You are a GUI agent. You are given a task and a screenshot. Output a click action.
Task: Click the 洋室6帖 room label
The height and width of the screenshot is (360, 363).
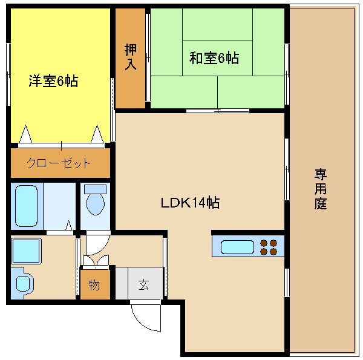53,81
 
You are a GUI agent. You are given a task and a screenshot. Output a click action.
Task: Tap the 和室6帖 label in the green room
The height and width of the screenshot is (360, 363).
214,58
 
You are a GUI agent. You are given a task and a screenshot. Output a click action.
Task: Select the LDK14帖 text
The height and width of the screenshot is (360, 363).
191,203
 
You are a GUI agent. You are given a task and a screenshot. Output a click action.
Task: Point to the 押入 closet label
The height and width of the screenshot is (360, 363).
131,57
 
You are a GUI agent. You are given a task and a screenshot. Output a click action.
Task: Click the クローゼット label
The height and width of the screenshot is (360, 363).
58,163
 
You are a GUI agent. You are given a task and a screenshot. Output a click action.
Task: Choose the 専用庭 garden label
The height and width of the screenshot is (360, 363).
321,189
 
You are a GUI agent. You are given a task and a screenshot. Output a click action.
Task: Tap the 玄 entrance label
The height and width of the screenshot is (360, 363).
144,284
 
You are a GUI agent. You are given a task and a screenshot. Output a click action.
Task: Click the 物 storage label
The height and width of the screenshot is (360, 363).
94,284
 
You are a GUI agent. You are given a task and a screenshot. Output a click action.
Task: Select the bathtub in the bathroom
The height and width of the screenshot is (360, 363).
26,206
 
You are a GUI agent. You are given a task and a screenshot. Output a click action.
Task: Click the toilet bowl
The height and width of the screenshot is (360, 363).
96,204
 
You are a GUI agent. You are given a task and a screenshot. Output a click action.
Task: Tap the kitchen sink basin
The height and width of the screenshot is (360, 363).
237,247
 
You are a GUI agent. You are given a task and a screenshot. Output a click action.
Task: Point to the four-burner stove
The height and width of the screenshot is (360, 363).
269,247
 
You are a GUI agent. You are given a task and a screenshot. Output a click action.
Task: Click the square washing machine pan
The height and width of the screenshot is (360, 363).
26,251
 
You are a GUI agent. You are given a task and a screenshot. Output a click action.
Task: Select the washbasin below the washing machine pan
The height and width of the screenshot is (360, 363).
23,283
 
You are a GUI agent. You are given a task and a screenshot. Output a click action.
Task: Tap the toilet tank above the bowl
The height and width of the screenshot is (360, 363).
96,189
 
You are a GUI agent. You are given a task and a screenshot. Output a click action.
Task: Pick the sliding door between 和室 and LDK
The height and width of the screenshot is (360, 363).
218,111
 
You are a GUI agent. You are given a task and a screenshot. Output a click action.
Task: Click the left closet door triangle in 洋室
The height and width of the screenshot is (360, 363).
25,134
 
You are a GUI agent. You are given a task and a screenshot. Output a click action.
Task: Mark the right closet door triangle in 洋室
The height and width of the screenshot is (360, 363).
97,134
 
